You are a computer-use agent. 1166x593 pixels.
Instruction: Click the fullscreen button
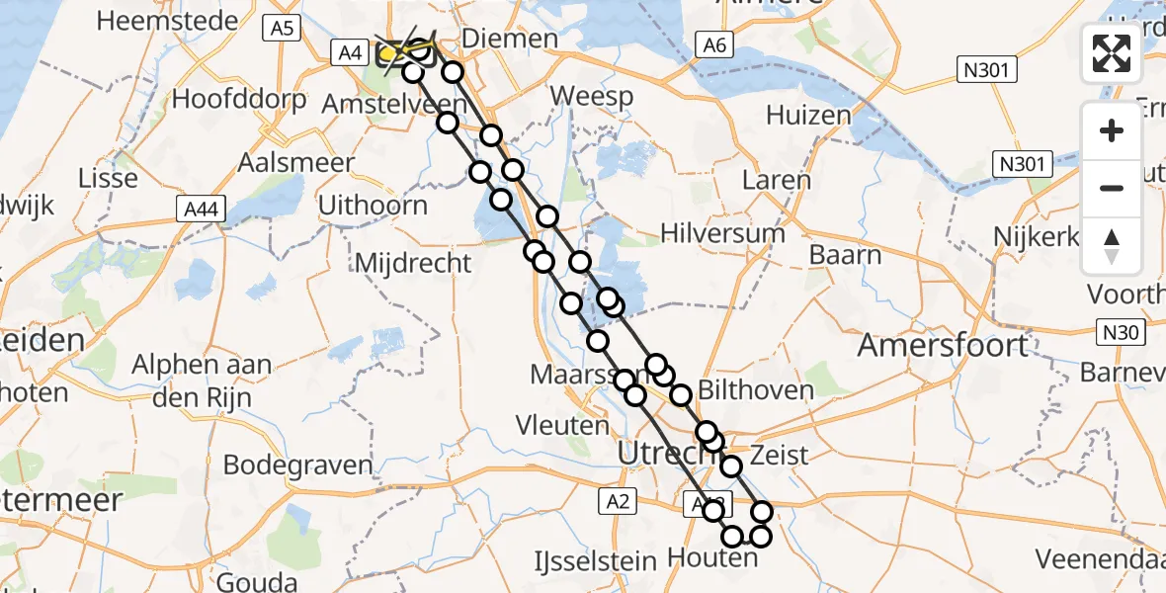pos(1112,53)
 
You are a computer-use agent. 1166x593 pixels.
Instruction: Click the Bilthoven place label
pos(756,389)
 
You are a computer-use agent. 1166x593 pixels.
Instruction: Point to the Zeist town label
pos(780,456)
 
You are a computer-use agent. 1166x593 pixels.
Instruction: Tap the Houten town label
pos(711,558)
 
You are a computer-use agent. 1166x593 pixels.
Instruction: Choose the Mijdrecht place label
pos(412,263)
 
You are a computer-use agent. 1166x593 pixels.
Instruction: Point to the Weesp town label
pos(591,96)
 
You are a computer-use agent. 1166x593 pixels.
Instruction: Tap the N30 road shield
pos(1121,333)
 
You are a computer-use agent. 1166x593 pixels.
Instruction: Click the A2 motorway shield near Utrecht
pos(619,503)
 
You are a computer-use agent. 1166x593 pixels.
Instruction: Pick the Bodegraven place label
pos(297,465)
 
